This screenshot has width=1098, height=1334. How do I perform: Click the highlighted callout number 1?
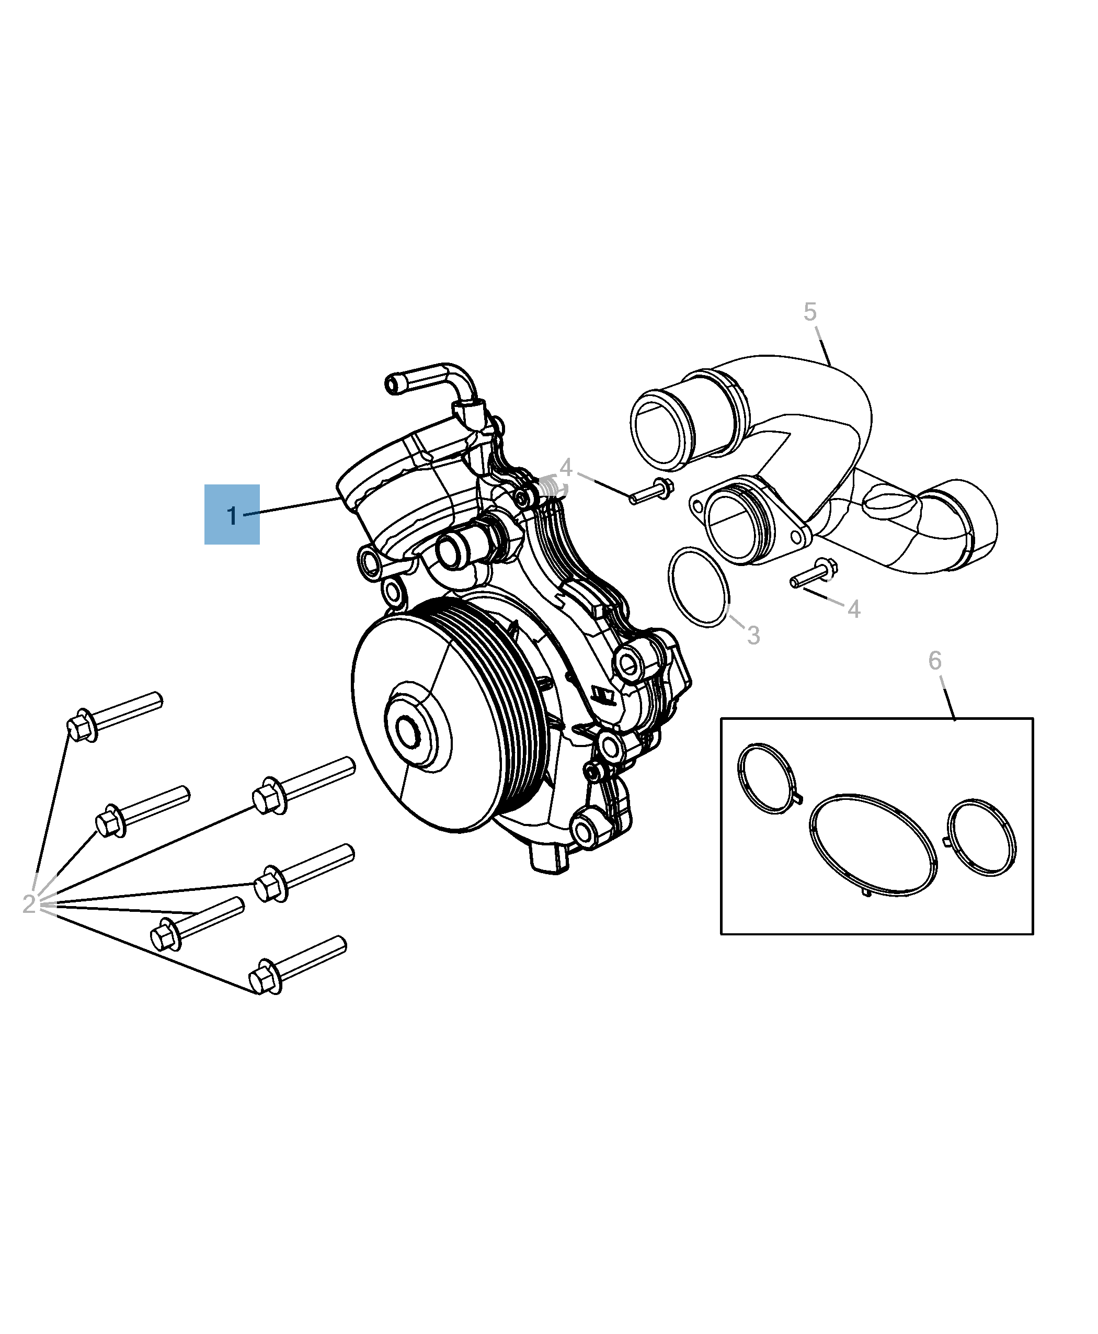(x=232, y=515)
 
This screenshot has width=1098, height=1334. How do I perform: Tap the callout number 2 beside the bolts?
(x=28, y=903)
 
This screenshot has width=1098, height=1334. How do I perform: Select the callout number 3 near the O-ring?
(x=753, y=636)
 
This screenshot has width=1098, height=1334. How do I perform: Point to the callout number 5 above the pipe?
(x=809, y=312)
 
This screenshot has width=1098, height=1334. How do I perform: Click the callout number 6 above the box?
(x=935, y=661)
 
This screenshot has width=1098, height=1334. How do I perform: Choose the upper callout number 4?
(x=565, y=468)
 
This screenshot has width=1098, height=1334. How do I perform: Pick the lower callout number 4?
(x=853, y=609)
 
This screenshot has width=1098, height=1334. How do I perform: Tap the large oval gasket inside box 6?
(x=873, y=844)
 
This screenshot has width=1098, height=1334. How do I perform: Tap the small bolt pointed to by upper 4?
(x=651, y=491)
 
